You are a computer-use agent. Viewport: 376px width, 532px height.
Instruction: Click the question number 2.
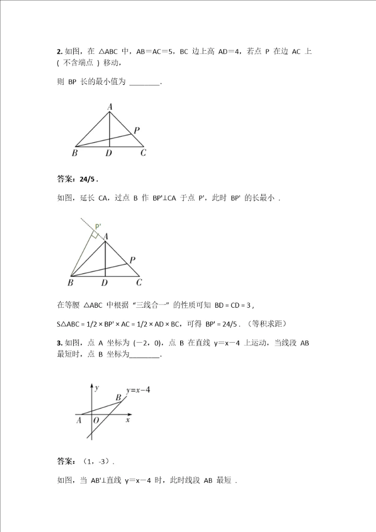pyautogui.click(x=58, y=51)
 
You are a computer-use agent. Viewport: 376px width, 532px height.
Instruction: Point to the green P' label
pyautogui.click(x=98, y=227)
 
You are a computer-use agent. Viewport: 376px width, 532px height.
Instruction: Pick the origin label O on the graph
pyautogui.click(x=96, y=420)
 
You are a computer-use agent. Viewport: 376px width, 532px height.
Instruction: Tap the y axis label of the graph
pyautogui.click(x=98, y=387)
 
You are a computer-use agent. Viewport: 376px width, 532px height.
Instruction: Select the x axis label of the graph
pyautogui.click(x=127, y=420)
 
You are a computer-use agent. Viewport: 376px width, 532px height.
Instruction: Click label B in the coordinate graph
pyautogui.click(x=119, y=398)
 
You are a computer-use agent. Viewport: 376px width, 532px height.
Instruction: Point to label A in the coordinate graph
pyautogui.click(x=79, y=420)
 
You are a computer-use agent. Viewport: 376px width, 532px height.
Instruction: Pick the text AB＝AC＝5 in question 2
pyautogui.click(x=155, y=51)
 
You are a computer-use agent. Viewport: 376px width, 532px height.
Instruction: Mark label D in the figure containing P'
pyautogui.click(x=104, y=283)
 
